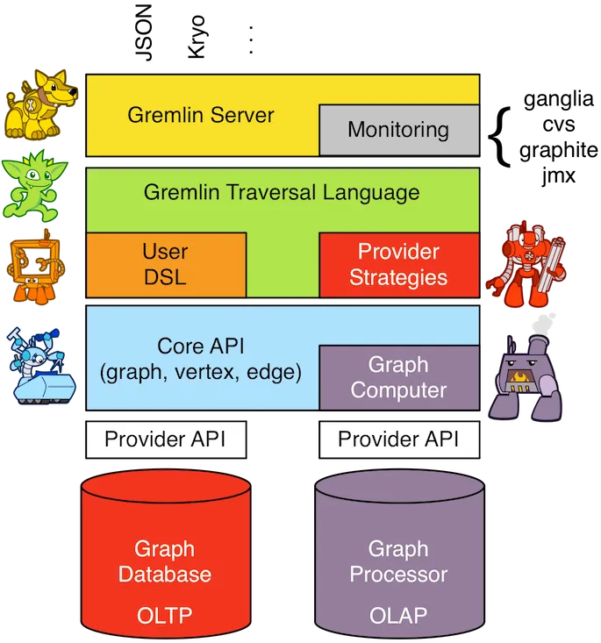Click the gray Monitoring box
point(398,131)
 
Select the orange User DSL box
point(165,265)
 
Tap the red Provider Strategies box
point(398,265)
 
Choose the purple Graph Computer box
point(398,377)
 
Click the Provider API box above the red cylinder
point(165,439)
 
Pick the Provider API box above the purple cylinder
point(398,439)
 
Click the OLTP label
point(165,616)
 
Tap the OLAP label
point(398,616)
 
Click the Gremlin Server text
point(201,115)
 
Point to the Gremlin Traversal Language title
point(282,192)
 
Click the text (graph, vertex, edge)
point(201,372)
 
